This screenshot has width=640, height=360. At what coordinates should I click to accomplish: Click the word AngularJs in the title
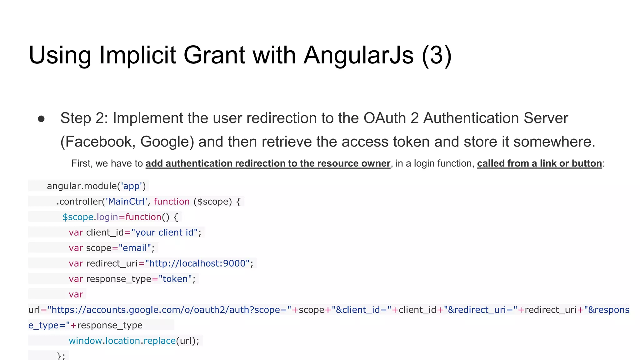point(358,55)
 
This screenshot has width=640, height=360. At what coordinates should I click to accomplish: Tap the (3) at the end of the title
point(437,55)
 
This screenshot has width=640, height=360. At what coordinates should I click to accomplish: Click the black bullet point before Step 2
point(41,119)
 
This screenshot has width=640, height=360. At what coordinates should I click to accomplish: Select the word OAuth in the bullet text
point(384,118)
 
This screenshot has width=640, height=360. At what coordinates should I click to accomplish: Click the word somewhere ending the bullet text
point(554,142)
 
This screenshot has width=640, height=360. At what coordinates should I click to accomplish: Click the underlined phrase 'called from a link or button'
point(539,163)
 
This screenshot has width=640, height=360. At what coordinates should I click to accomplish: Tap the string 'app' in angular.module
point(131,186)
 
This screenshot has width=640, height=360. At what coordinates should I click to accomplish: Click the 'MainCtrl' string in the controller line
point(126,202)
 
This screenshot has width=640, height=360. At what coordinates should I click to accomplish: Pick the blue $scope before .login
point(78,217)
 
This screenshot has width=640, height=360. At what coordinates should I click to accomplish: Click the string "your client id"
point(164,232)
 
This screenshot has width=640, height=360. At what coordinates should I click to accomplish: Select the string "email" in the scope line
point(135,248)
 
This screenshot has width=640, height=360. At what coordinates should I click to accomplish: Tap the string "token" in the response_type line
point(175,279)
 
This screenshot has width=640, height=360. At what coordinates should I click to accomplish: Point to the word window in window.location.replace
point(85,341)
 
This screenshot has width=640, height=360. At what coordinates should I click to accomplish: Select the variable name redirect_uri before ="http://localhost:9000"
point(112,263)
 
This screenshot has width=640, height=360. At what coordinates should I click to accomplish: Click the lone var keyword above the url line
point(76,294)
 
